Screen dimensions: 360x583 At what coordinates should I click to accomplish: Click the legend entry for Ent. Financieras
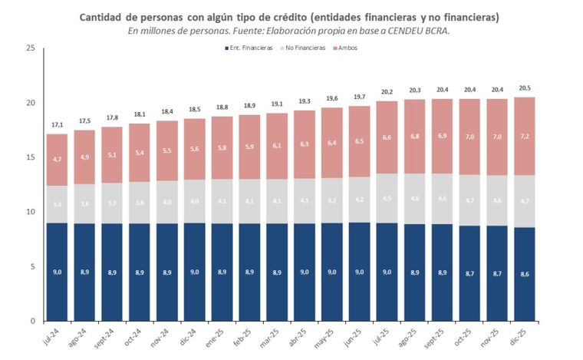pyautogui.click(x=249, y=48)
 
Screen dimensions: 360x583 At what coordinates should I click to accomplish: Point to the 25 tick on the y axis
pyautogui.click(x=31, y=48)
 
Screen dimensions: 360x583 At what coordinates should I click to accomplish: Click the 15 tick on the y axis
pyautogui.click(x=31, y=157)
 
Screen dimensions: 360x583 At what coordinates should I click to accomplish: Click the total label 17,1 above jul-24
pyautogui.click(x=57, y=125)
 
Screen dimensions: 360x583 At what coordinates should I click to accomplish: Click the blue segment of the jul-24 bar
pyautogui.click(x=57, y=272)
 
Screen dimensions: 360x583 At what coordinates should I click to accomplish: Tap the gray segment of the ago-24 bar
pyautogui.click(x=84, y=203)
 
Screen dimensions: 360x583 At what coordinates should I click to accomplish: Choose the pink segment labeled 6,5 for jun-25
pyautogui.click(x=359, y=141)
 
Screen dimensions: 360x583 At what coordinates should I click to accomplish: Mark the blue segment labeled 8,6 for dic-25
pyautogui.click(x=524, y=274)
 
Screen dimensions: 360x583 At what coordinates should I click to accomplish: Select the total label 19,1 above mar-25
pyautogui.click(x=276, y=104)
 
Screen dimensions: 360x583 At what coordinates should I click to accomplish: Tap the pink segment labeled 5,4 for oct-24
pyautogui.click(x=139, y=153)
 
